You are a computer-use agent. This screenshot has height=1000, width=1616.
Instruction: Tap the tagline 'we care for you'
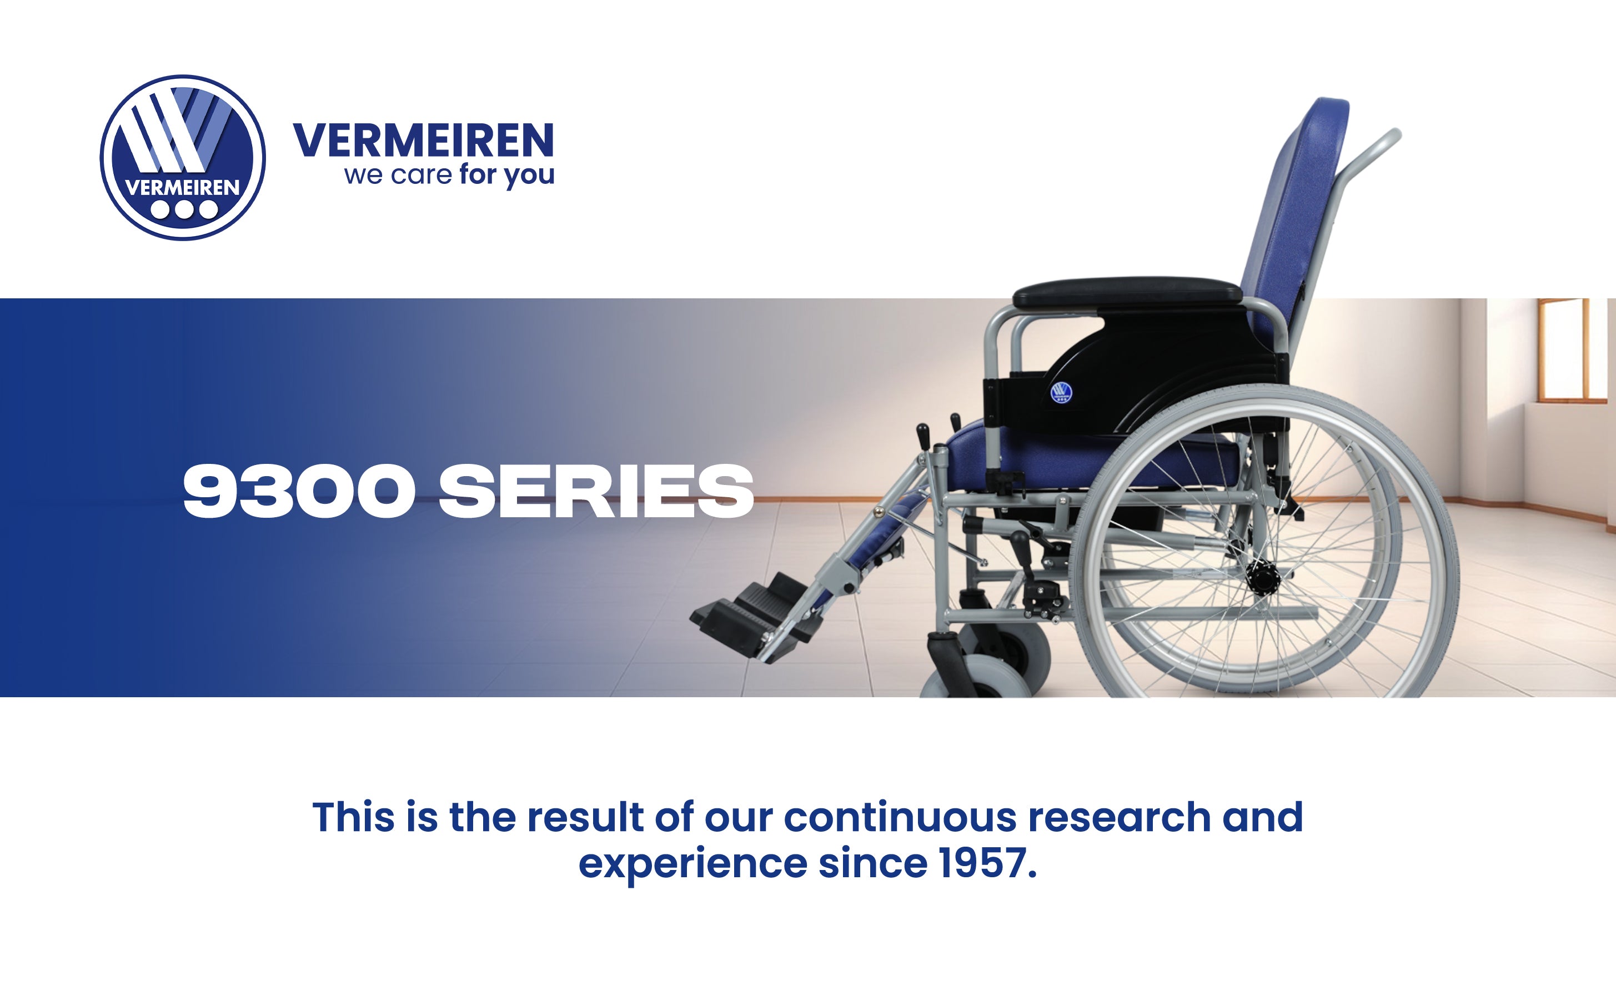449,175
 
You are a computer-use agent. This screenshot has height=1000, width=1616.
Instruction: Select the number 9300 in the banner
299,491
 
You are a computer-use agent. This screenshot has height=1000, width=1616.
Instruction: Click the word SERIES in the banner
596,491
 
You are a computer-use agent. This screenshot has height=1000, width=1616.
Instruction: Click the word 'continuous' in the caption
900,817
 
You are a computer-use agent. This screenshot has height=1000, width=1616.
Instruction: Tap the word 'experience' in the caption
692,865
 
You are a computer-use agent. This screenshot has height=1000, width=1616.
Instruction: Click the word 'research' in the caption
1119,817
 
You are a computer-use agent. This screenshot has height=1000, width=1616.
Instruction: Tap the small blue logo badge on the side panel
1061,392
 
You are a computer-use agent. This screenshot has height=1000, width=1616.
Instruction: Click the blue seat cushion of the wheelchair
1091,456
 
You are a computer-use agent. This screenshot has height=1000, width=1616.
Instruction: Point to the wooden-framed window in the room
1573,351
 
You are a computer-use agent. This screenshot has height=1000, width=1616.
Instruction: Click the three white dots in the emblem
184,209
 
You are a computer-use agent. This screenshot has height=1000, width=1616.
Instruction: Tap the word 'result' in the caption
585,817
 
